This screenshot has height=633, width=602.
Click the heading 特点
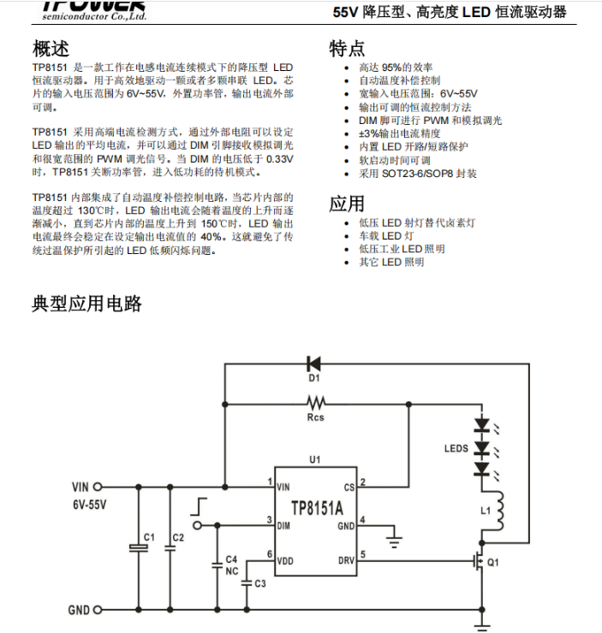347,47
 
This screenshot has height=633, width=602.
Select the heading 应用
347,204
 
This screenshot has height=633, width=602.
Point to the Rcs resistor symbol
317,401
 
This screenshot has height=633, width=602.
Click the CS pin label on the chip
349,487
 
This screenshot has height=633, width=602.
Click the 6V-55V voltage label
90,505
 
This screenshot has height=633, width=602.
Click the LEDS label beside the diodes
456,447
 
